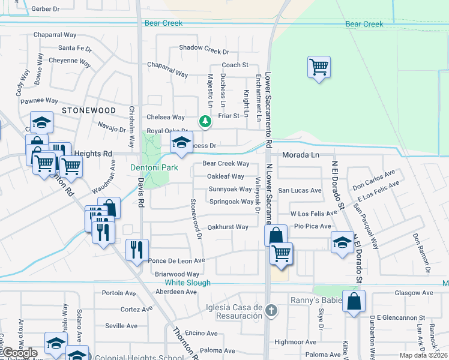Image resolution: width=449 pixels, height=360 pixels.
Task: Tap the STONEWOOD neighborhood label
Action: (88, 111)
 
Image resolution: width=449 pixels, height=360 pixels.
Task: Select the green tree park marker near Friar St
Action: (205, 122)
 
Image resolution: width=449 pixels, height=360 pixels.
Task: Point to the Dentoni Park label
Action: (154, 168)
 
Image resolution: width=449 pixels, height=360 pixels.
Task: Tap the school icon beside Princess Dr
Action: (180, 143)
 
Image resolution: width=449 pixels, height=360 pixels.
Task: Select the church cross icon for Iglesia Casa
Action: (271, 311)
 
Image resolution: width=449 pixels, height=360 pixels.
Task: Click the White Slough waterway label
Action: (187, 283)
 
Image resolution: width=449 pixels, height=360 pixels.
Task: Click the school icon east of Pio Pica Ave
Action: (342, 242)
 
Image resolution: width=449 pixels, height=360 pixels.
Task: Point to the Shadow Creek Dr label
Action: (204, 49)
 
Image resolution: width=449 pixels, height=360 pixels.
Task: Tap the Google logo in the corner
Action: (19, 353)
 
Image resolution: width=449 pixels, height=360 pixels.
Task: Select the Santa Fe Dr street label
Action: (75, 49)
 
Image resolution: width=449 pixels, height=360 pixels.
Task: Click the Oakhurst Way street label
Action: (228, 227)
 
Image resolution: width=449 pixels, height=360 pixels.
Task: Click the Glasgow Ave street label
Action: (414, 293)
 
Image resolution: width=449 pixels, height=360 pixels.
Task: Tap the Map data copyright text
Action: (423, 355)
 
